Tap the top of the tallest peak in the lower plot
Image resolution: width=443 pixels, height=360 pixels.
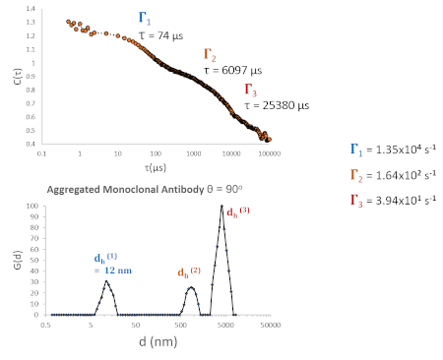222,206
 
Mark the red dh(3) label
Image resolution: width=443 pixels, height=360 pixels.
239,210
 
